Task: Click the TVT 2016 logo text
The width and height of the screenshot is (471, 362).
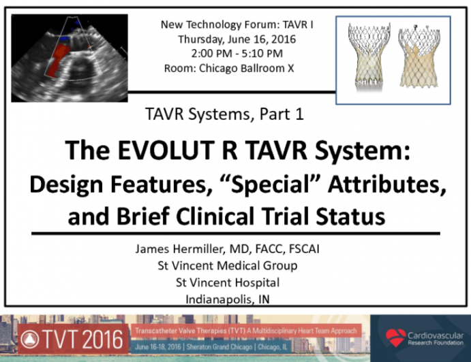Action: pyautogui.click(x=83, y=338)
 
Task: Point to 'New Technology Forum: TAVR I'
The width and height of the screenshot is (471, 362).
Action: pyautogui.click(x=237, y=24)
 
